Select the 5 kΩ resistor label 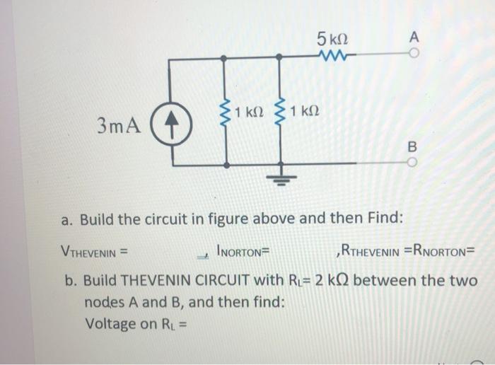click(x=332, y=37)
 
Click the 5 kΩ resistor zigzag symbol click(x=332, y=54)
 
